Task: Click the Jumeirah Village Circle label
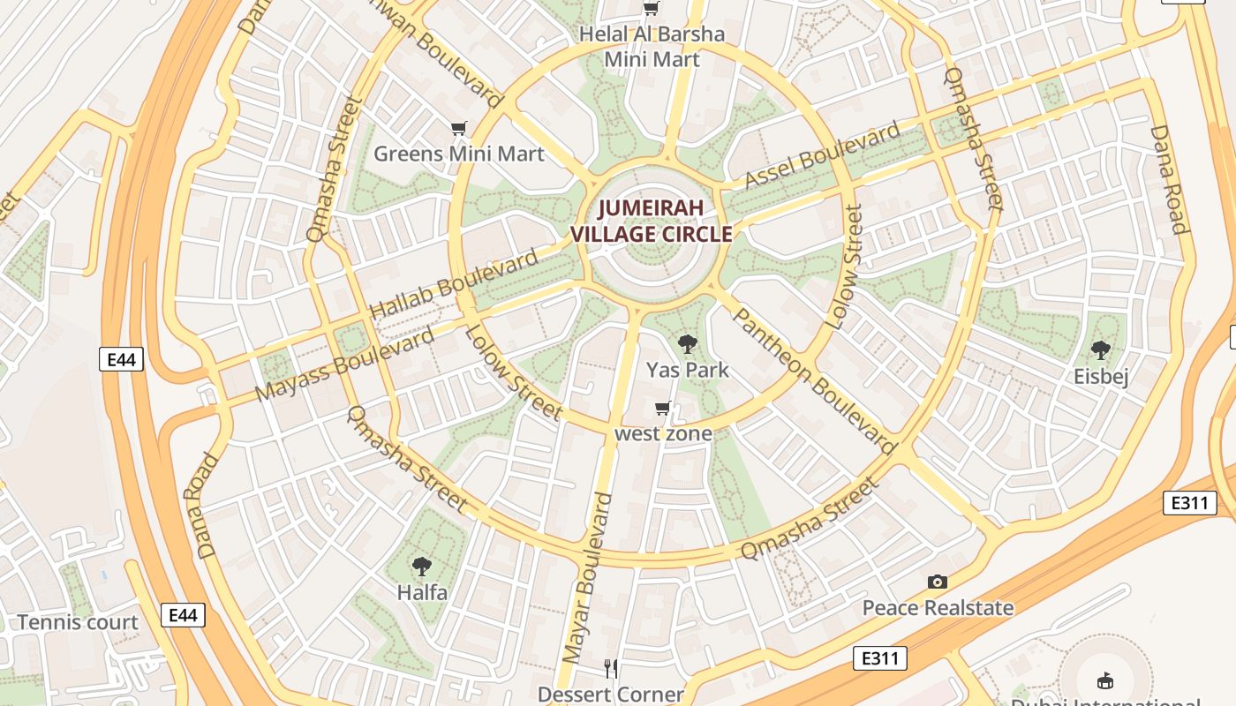coord(652,222)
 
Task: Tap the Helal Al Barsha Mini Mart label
coord(652,47)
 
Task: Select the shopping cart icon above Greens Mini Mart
coord(458,129)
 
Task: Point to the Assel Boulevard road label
coord(822,156)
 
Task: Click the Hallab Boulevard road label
coord(453,285)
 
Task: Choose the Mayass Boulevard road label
coord(345,364)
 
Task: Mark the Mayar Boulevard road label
coord(587,578)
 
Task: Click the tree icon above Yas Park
coord(687,344)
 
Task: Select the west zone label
coord(663,433)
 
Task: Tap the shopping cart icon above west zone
coord(663,409)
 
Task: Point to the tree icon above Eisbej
coord(1100,350)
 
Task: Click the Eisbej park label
coord(1101,377)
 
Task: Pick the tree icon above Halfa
coord(422,567)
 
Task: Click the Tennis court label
coord(78,622)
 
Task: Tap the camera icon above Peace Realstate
coord(938,582)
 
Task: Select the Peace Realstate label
coord(938,607)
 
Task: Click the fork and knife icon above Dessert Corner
coord(611,668)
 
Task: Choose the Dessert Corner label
coord(611,695)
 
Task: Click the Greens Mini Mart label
coord(458,154)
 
